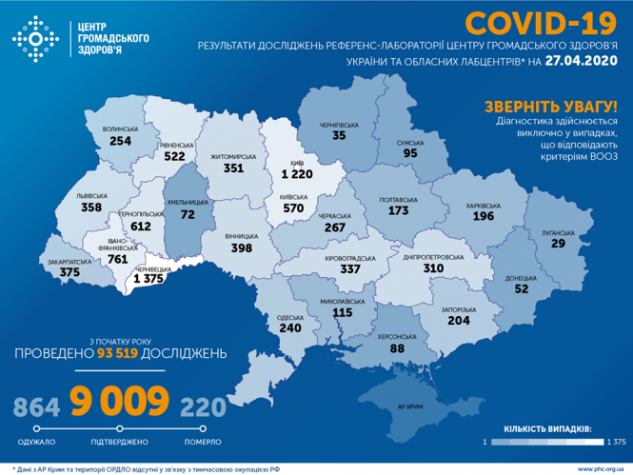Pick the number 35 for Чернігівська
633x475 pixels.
click(339, 136)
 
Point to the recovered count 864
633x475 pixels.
click(36, 407)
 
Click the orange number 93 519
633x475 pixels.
click(121, 353)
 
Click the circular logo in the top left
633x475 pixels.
click(34, 38)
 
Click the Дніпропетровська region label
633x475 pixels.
click(434, 256)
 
